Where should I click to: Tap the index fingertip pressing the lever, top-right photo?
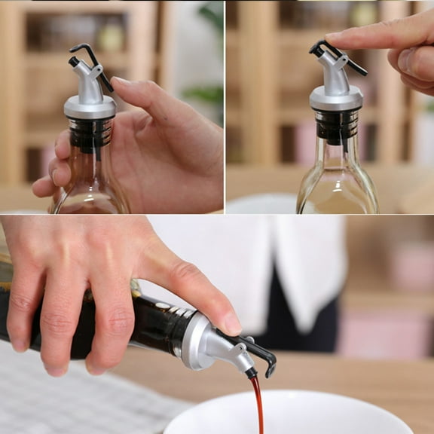tap(335, 37)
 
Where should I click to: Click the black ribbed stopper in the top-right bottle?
tap(336, 124)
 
